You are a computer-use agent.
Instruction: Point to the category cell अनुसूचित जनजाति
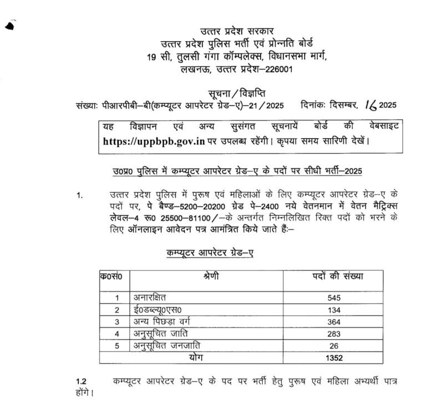(167, 345)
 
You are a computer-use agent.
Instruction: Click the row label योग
(206, 358)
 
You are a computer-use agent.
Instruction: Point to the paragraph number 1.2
(82, 381)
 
